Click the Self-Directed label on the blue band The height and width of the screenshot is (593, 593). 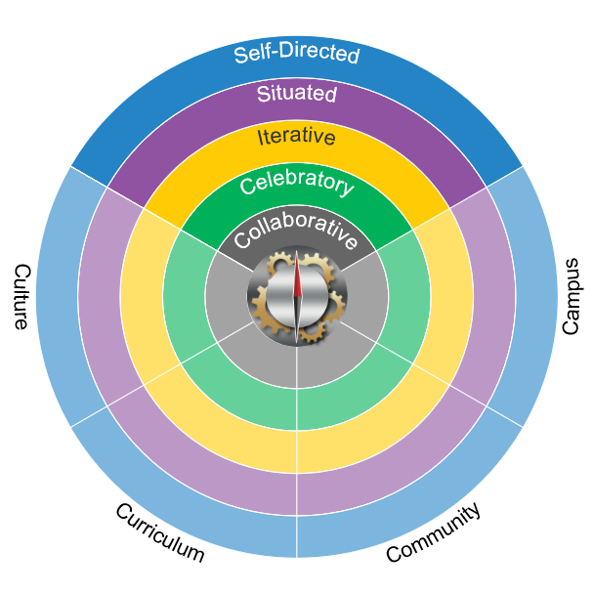click(x=296, y=53)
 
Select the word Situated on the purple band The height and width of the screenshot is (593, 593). click(x=296, y=95)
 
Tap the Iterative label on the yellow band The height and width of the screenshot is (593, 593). click(x=296, y=137)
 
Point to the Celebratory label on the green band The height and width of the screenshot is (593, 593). click(x=296, y=182)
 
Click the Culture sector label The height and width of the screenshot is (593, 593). click(x=21, y=296)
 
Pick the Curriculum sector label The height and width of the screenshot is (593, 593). click(x=159, y=532)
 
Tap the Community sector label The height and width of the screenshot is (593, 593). click(x=433, y=532)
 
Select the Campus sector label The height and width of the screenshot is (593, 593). click(x=572, y=296)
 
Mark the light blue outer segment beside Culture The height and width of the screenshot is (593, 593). click(x=59, y=296)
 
